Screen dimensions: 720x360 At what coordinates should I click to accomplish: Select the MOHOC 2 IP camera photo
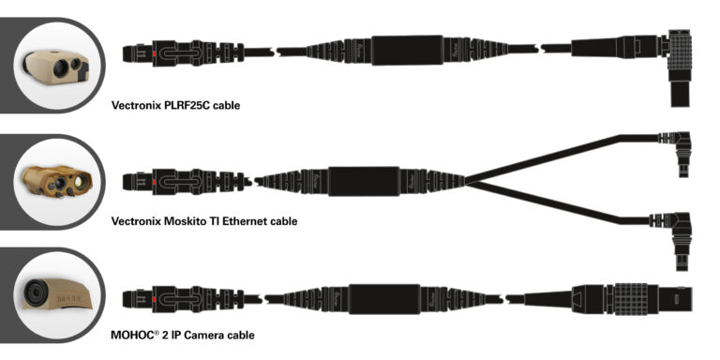point(53,293)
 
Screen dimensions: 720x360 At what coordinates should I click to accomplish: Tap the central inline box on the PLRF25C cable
point(406,51)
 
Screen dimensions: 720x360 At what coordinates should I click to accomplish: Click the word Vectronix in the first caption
point(138,106)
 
